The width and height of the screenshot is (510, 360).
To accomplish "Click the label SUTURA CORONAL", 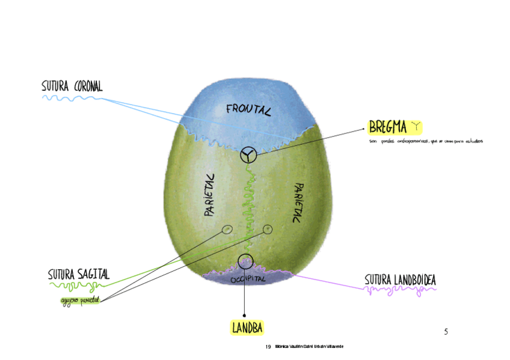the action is (72, 86).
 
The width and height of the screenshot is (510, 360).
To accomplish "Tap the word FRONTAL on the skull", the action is (248, 109).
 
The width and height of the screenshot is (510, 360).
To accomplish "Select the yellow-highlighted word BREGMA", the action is (387, 127).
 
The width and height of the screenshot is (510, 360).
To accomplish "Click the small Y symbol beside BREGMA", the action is (415, 126).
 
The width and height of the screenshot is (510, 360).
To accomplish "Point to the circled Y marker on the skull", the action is (248, 155).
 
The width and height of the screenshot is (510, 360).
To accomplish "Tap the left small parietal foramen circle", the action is (227, 229).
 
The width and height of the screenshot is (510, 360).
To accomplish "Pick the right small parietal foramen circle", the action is (268, 228).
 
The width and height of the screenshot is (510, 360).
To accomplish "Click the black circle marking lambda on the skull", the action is (245, 261).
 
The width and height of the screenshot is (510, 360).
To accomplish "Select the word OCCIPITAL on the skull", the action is (248, 279).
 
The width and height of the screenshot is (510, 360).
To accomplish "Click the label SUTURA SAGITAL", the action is (79, 275).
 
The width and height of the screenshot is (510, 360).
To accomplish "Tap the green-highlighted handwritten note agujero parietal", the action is (79, 299).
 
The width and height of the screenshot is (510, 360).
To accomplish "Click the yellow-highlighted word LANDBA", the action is (248, 328).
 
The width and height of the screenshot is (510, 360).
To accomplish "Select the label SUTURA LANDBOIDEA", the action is (400, 280).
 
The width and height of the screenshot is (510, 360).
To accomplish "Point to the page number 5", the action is (446, 332).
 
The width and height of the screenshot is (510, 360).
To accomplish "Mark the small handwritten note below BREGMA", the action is (426, 142).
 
